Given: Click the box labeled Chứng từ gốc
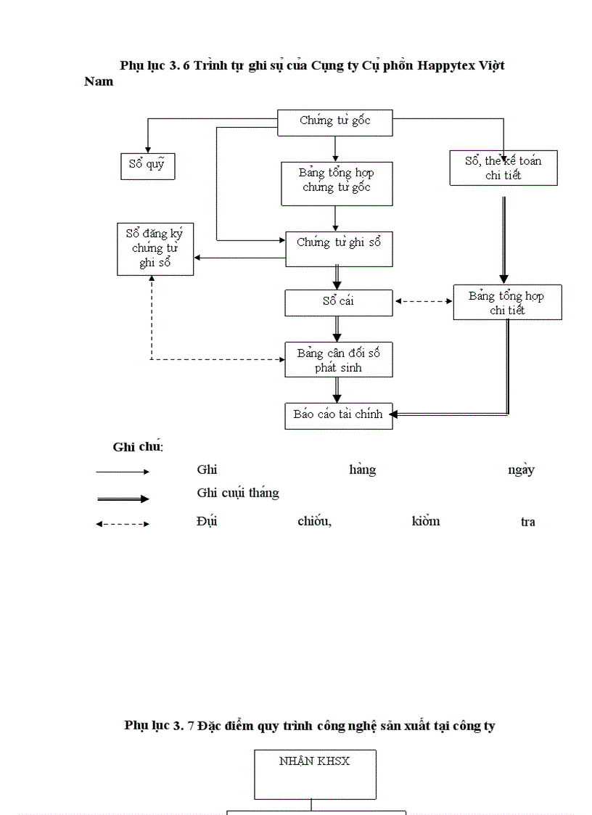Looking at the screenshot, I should click(x=335, y=122).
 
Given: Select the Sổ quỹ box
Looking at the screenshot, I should click(x=147, y=165).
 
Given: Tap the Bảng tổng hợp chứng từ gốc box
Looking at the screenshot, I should click(x=335, y=181).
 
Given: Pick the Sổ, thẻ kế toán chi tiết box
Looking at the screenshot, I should click(x=503, y=168).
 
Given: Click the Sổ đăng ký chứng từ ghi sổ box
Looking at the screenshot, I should click(x=155, y=249).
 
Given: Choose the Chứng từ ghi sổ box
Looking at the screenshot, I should click(x=339, y=249).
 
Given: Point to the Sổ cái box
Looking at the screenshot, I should click(x=339, y=302).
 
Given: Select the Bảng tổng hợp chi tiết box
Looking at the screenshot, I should click(x=507, y=303).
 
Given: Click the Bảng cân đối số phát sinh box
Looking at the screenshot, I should click(x=339, y=359).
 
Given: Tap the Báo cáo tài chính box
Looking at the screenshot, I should click(x=339, y=415).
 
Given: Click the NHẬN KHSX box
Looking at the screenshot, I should click(x=315, y=774).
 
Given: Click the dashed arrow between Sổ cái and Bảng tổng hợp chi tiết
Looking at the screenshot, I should click(x=423, y=301).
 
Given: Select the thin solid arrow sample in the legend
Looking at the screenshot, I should click(x=122, y=472).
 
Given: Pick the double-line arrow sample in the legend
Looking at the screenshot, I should click(x=122, y=499).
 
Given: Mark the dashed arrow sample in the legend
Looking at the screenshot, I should click(x=122, y=524).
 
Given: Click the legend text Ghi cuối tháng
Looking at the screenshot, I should click(x=238, y=493).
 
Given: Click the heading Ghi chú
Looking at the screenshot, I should click(x=138, y=446).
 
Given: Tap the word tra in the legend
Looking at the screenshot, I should click(x=528, y=522).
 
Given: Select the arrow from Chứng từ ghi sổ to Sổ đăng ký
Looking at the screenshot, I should click(x=239, y=257).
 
